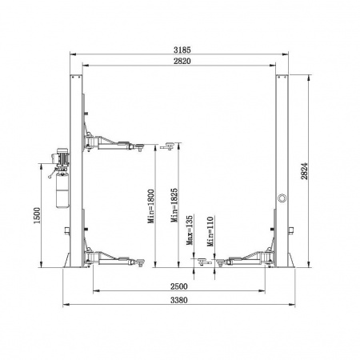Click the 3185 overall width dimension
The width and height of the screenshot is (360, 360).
coord(182,50)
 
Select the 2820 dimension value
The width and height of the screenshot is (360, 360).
coord(182,61)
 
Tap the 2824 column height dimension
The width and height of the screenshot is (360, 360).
coord(304,171)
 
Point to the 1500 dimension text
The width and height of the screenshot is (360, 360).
coord(37,215)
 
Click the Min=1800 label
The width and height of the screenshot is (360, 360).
coord(151,206)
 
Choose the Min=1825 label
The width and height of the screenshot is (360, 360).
coord(174,205)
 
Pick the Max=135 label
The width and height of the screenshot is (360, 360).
coord(190,230)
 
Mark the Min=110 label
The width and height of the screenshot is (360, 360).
coord(210,231)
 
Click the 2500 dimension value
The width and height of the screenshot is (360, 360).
coord(179,286)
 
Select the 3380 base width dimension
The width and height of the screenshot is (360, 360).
coord(179,300)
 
